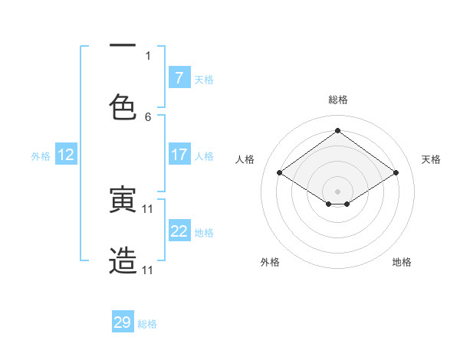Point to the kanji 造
123,261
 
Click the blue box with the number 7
179,78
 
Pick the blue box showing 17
179,155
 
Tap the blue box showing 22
179,231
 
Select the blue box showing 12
66,155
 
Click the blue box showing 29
123,322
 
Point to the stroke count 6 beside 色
148,117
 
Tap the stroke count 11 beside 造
148,270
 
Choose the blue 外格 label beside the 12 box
41,155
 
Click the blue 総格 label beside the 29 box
147,323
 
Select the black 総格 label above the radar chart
338,100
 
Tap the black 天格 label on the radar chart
431,159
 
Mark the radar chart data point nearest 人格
279,173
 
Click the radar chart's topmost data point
338,130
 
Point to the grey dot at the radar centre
338,190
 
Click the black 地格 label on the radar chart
402,262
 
